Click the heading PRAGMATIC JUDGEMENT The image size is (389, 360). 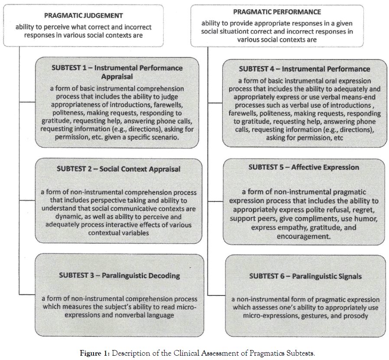[84, 16]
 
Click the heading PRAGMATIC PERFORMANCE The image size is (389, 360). [277, 12]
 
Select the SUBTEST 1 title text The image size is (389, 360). [117, 72]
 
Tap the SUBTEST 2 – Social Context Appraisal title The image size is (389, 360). [118, 169]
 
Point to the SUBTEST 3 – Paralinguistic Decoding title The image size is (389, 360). [119, 275]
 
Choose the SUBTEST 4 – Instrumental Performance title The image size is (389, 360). [305, 69]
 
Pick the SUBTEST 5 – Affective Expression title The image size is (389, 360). [304, 167]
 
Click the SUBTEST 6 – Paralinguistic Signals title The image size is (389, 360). [305, 276]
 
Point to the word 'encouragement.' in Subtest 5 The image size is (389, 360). [304, 237]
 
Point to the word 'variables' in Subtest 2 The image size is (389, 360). [133, 233]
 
